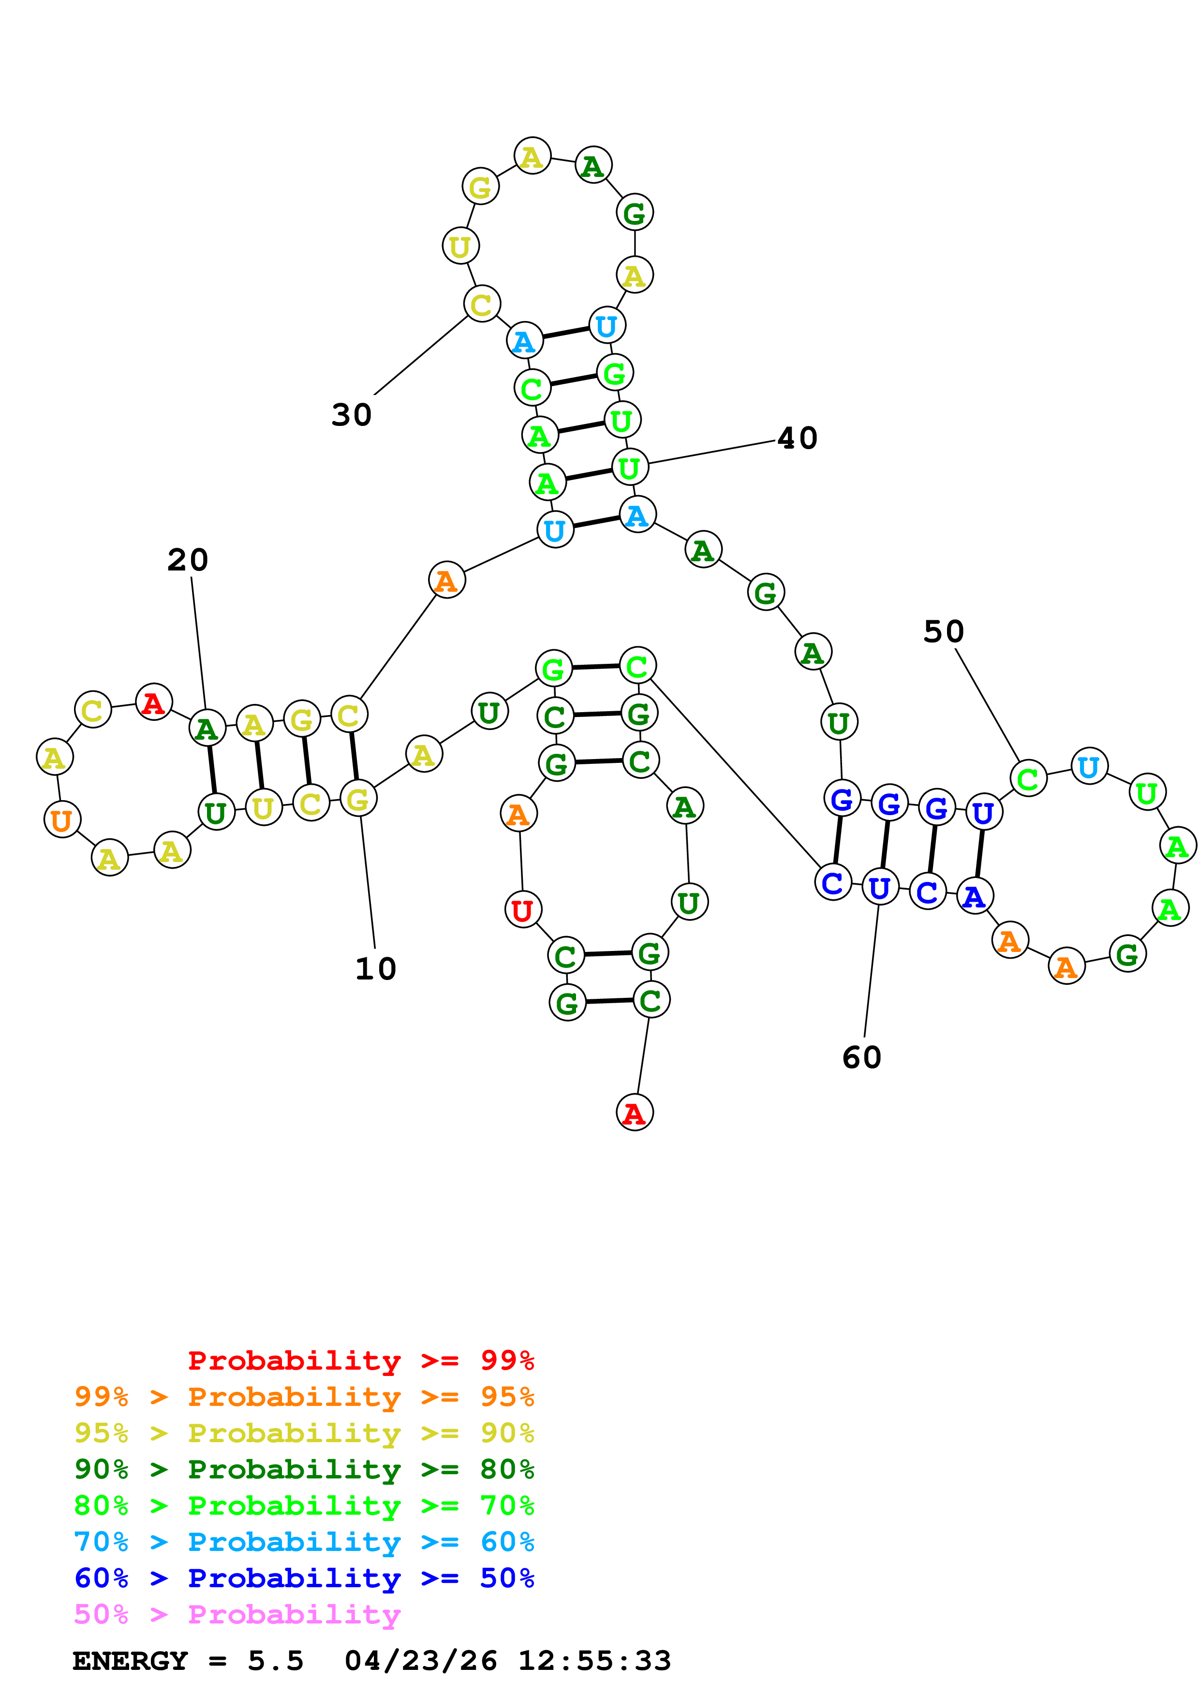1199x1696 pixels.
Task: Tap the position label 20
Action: [x=188, y=560]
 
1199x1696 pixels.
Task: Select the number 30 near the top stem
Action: [x=352, y=415]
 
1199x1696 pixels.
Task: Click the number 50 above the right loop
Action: [x=944, y=631]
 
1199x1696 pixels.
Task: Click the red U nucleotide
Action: [x=523, y=910]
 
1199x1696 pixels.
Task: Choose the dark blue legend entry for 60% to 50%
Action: [x=304, y=1578]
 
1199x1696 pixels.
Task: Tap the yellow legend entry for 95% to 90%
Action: [x=304, y=1433]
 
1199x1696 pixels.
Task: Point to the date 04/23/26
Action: [x=420, y=1661]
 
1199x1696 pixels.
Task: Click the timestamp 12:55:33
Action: [x=594, y=1661]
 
